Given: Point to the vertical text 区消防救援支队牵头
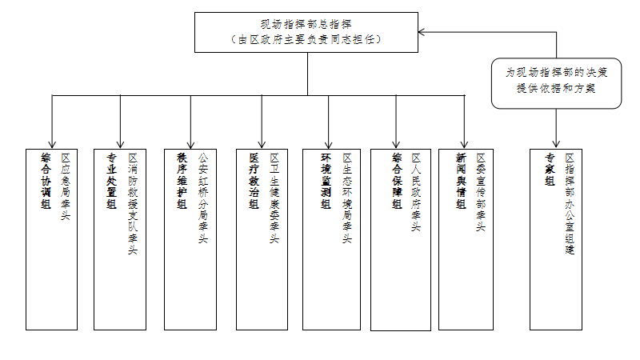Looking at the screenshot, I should tap(133, 204).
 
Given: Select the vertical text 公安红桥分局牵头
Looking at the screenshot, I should tap(202, 198).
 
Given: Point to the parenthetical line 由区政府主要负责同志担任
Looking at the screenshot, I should tap(309, 39).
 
